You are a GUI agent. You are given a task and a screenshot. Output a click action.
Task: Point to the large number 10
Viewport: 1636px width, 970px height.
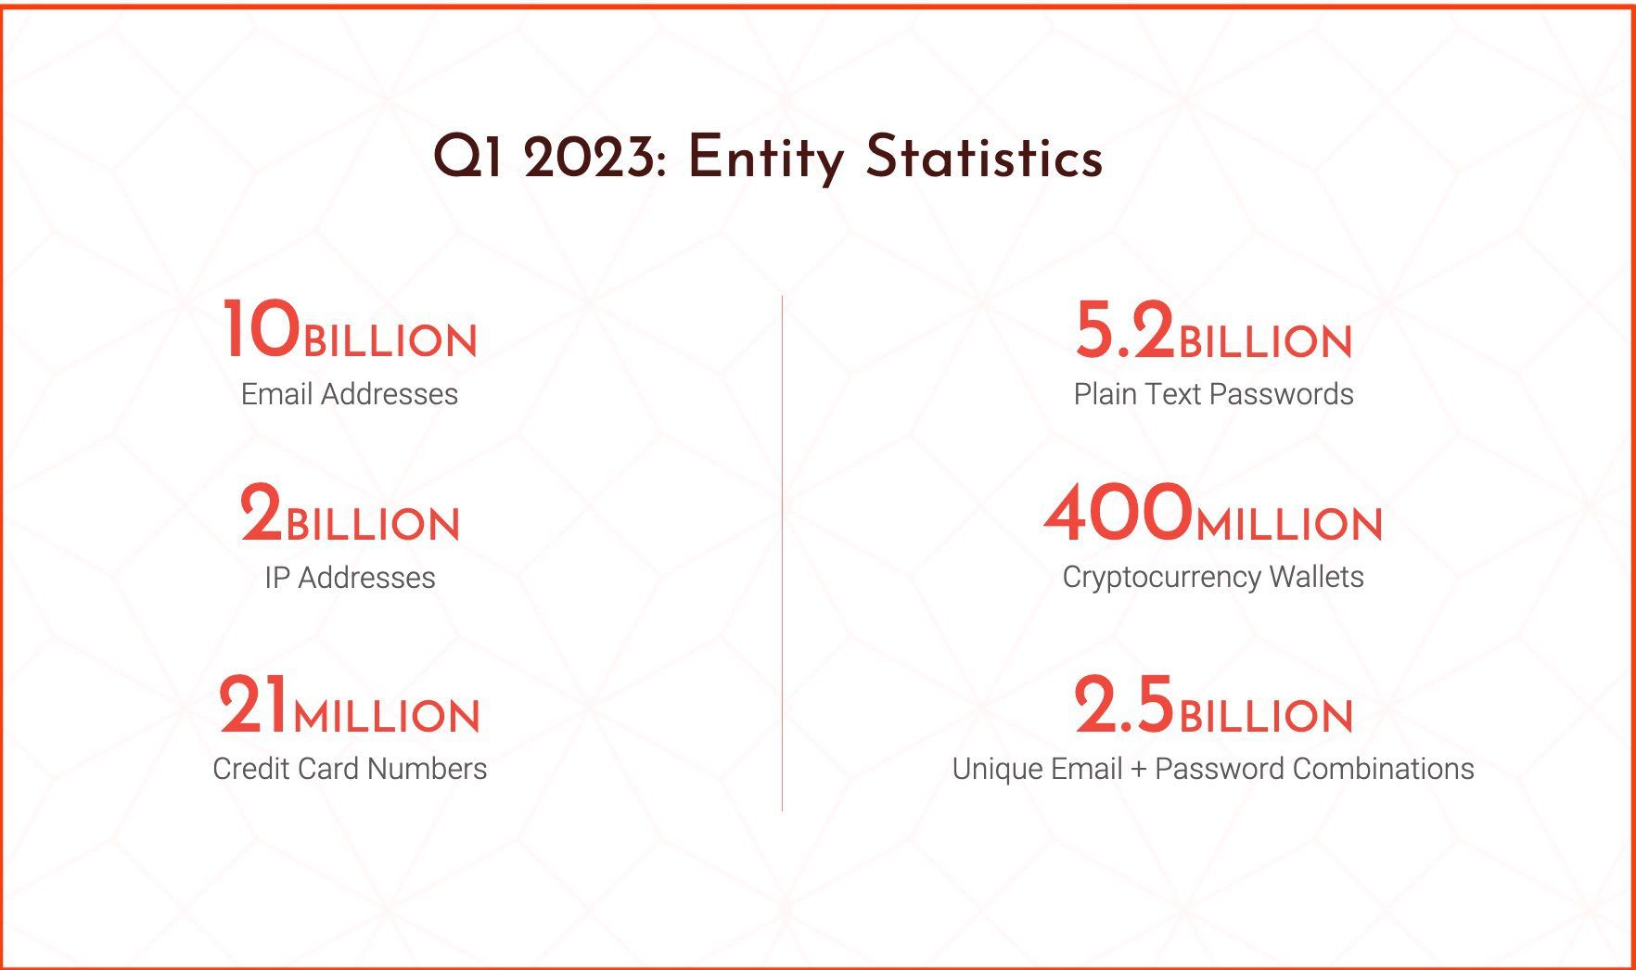click(262, 329)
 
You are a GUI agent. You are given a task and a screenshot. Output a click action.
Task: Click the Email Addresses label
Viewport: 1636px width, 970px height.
click(350, 394)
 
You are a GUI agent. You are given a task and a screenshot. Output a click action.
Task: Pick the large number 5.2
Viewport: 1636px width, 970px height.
click(1125, 330)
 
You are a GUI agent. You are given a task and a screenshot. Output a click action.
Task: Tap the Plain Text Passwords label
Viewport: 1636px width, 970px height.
click(1213, 394)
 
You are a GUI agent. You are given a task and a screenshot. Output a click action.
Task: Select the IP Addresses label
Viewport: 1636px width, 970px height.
click(350, 578)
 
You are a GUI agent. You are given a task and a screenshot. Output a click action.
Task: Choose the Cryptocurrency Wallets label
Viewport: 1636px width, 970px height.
click(1213, 578)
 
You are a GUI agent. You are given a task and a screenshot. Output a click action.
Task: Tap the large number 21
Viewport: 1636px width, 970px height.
click(254, 705)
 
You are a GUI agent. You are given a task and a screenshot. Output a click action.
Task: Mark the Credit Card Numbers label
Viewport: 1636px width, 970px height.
click(350, 769)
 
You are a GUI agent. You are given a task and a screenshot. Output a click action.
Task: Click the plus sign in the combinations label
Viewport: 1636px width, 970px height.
click(1139, 770)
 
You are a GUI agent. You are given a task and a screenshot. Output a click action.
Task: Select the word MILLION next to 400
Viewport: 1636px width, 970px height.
click(1289, 525)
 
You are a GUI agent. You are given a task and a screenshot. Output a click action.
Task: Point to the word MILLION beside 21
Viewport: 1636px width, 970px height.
click(387, 717)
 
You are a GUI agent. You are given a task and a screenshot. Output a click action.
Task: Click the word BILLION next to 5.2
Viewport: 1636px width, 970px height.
click(1265, 341)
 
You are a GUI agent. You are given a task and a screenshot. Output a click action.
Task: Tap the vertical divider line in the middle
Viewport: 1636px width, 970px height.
click(782, 554)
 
